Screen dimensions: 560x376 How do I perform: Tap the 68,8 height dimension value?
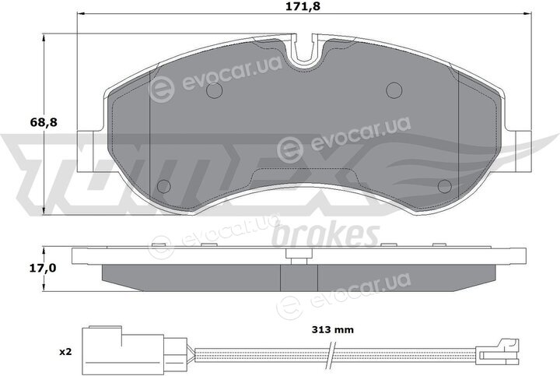(x=44, y=123)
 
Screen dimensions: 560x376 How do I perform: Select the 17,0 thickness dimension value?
(x=44, y=269)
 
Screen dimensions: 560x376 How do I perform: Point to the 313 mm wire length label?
(x=333, y=329)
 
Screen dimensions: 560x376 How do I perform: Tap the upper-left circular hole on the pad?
(x=215, y=90)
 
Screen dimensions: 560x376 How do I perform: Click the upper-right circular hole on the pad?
(x=394, y=90)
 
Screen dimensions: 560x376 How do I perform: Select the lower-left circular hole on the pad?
(x=164, y=186)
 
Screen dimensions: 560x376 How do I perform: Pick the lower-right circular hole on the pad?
(x=445, y=186)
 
